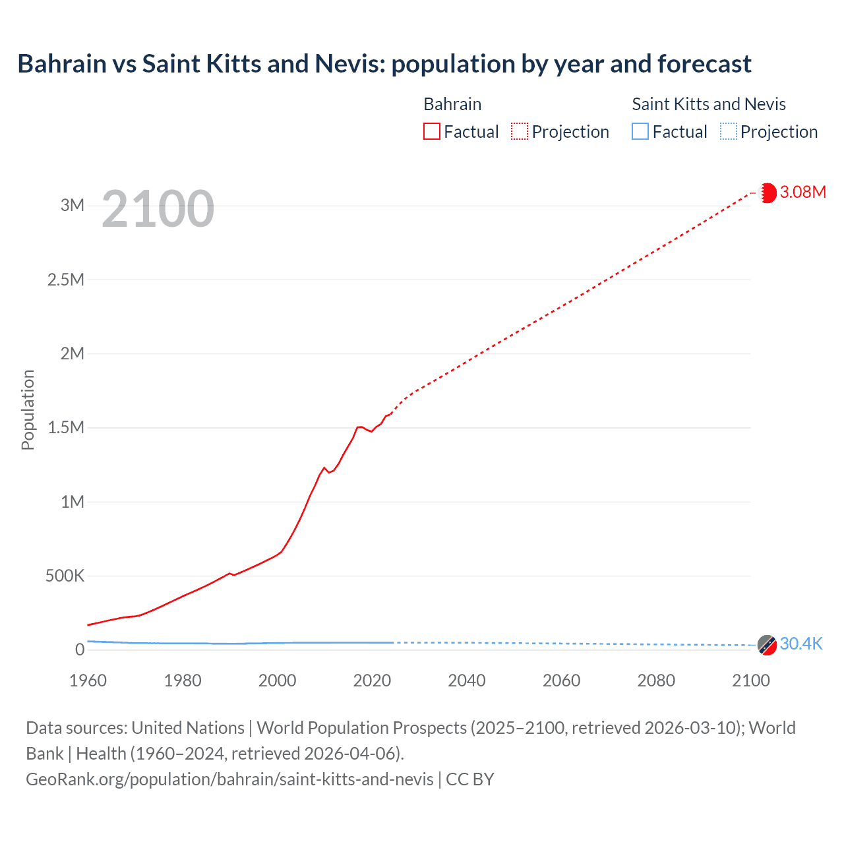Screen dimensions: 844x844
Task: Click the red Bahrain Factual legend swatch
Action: (431, 132)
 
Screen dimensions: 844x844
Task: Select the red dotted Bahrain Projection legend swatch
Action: (520, 132)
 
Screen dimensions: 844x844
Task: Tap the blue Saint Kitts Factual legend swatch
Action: (640, 132)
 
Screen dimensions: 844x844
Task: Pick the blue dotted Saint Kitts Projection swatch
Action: (729, 132)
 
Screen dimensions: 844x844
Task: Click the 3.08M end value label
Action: (802, 192)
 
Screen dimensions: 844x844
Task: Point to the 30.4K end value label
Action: (801, 644)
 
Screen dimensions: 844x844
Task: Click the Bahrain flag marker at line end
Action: (768, 193)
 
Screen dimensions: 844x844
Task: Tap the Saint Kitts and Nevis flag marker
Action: (767, 645)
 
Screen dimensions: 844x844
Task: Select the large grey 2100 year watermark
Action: (158, 209)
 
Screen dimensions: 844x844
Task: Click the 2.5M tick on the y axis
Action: (66, 280)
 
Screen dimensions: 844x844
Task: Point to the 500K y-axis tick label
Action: (65, 576)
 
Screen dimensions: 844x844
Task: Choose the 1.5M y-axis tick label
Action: (66, 427)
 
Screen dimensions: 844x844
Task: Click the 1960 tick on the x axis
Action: (88, 680)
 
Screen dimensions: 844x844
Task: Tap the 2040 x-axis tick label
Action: (467, 680)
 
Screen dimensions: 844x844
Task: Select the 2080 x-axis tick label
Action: (656, 680)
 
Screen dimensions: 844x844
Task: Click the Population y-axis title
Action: (28, 409)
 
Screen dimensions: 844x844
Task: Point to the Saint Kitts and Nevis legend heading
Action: (709, 104)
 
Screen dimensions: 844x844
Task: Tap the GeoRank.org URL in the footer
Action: (229, 779)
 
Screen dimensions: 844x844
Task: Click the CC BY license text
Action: (470, 779)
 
